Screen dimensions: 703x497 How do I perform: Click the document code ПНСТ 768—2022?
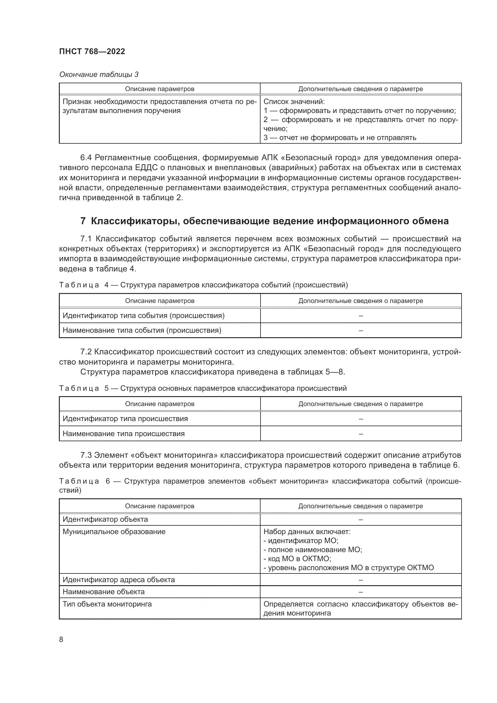92,51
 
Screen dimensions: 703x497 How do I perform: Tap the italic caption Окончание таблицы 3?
99,75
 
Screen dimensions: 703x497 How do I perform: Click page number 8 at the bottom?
61,639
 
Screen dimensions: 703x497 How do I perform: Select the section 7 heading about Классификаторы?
264,221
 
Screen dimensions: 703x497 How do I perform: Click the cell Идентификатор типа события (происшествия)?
144,315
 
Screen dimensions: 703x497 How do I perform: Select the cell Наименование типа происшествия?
123,434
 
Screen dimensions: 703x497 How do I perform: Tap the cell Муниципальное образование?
114,532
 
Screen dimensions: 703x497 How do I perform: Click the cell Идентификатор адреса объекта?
119,579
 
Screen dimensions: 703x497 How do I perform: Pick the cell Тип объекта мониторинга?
107,604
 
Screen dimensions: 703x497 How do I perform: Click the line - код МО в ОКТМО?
297,558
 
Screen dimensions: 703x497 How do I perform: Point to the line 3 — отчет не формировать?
340,137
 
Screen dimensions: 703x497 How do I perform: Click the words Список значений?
294,101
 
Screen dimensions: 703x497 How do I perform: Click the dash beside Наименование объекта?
361,592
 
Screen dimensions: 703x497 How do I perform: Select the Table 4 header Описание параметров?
160,301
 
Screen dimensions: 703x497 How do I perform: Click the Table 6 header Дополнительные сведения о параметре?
361,506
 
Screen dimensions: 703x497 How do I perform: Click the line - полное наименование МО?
313,549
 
